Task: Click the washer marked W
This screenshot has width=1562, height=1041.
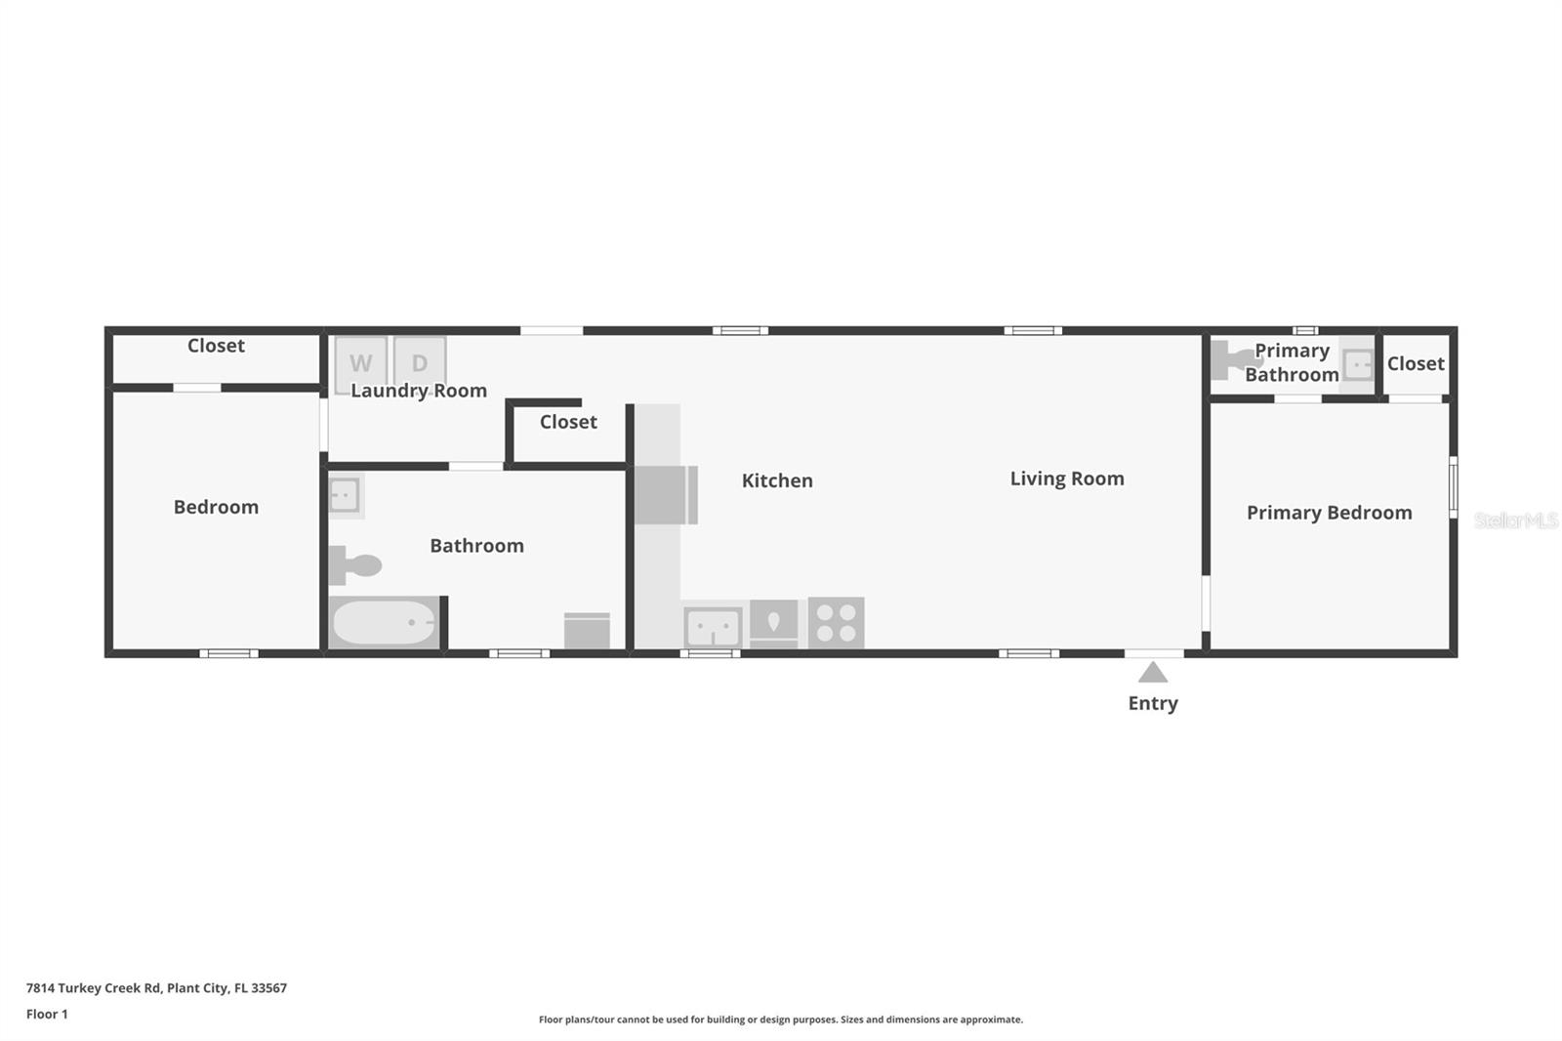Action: click(360, 361)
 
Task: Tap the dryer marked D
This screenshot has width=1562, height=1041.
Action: click(420, 361)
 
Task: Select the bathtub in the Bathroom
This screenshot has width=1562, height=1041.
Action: click(383, 622)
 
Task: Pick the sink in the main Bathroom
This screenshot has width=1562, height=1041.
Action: click(344, 495)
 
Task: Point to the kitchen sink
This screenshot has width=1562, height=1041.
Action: click(713, 627)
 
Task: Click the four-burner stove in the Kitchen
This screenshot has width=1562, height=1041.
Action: click(836, 623)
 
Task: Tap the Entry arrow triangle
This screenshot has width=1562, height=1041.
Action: click(1153, 673)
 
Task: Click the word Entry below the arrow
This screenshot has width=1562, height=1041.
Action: click(1153, 703)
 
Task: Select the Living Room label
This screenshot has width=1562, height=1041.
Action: click(1067, 479)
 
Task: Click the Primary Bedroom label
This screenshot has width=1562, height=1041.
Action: click(1329, 513)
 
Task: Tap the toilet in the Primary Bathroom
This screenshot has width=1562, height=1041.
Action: click(1232, 360)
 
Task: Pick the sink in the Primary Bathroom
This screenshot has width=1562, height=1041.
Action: click(1357, 365)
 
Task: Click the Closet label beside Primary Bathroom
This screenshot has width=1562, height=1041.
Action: click(1416, 363)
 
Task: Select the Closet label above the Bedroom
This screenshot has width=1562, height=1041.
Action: click(216, 346)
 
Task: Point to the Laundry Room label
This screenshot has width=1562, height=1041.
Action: click(419, 391)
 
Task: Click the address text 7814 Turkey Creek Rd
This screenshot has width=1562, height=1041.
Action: click(156, 988)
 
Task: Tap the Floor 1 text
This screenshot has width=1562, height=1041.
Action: click(47, 1015)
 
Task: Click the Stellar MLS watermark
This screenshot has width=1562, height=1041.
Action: click(1515, 521)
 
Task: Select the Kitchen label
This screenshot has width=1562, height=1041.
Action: click(777, 480)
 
